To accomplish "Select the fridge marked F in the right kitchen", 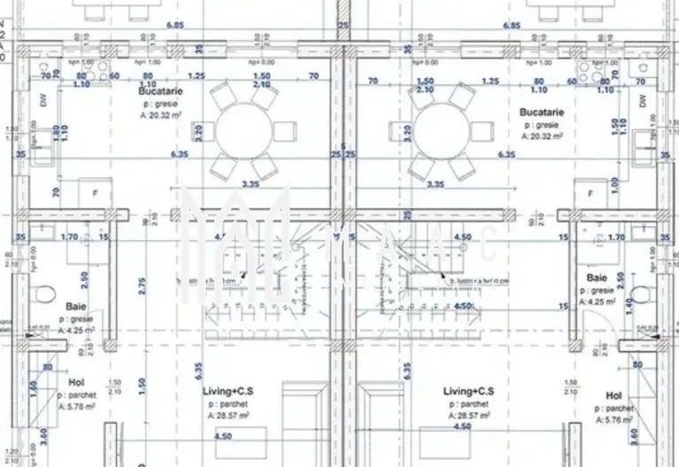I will click(x=588, y=193).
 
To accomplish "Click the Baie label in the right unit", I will click(x=598, y=278).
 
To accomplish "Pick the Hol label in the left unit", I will click(x=76, y=382).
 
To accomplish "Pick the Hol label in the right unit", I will click(x=614, y=394).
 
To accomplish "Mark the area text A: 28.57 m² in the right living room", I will click(x=468, y=414).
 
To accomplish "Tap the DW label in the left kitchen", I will click(x=43, y=100).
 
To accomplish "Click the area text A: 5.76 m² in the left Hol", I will click(x=76, y=408).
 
